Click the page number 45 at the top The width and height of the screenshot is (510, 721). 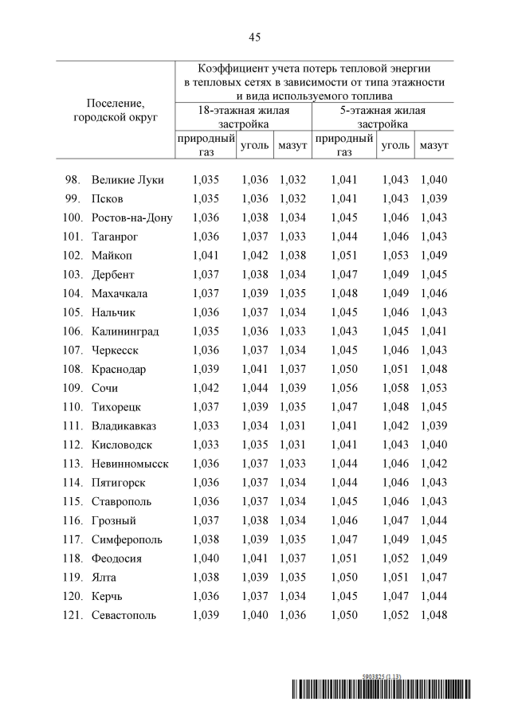(254, 37)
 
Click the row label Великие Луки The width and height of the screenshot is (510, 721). (127, 180)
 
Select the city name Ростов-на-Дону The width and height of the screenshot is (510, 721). (131, 217)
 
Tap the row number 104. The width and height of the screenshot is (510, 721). (72, 293)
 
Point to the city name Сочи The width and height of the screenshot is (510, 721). (104, 388)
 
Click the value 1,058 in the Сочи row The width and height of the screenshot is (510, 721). (395, 388)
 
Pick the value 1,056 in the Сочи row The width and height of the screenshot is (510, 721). (344, 388)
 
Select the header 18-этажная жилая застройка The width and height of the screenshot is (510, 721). (243, 117)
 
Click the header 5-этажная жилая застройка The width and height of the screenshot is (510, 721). (382, 117)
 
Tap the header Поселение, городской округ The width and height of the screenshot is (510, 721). (115, 110)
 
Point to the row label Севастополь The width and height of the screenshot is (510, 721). (124, 615)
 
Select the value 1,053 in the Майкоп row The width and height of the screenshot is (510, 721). (395, 256)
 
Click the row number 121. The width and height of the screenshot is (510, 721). (72, 615)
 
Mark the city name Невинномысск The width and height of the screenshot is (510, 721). (130, 464)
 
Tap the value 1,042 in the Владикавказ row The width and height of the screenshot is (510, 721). (395, 425)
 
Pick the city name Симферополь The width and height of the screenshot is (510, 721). (127, 539)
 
